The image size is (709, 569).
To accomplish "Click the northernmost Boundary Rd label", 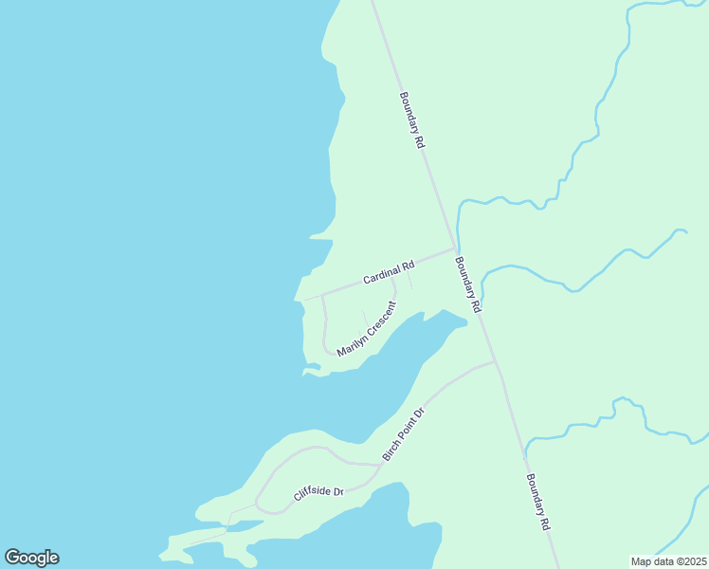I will [x=411, y=119].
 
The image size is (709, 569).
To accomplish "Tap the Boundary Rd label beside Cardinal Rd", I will [x=468, y=284].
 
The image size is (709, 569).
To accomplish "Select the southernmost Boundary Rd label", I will [x=537, y=502].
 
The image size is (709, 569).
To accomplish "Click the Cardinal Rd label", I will [x=389, y=273].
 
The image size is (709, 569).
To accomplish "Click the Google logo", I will [x=31, y=558].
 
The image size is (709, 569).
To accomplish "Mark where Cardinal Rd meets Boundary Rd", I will [x=453, y=249].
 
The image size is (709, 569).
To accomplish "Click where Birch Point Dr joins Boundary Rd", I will [x=495, y=361].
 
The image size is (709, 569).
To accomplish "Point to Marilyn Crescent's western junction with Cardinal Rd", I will [x=322, y=295].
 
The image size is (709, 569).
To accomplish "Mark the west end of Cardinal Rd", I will [x=303, y=301].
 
